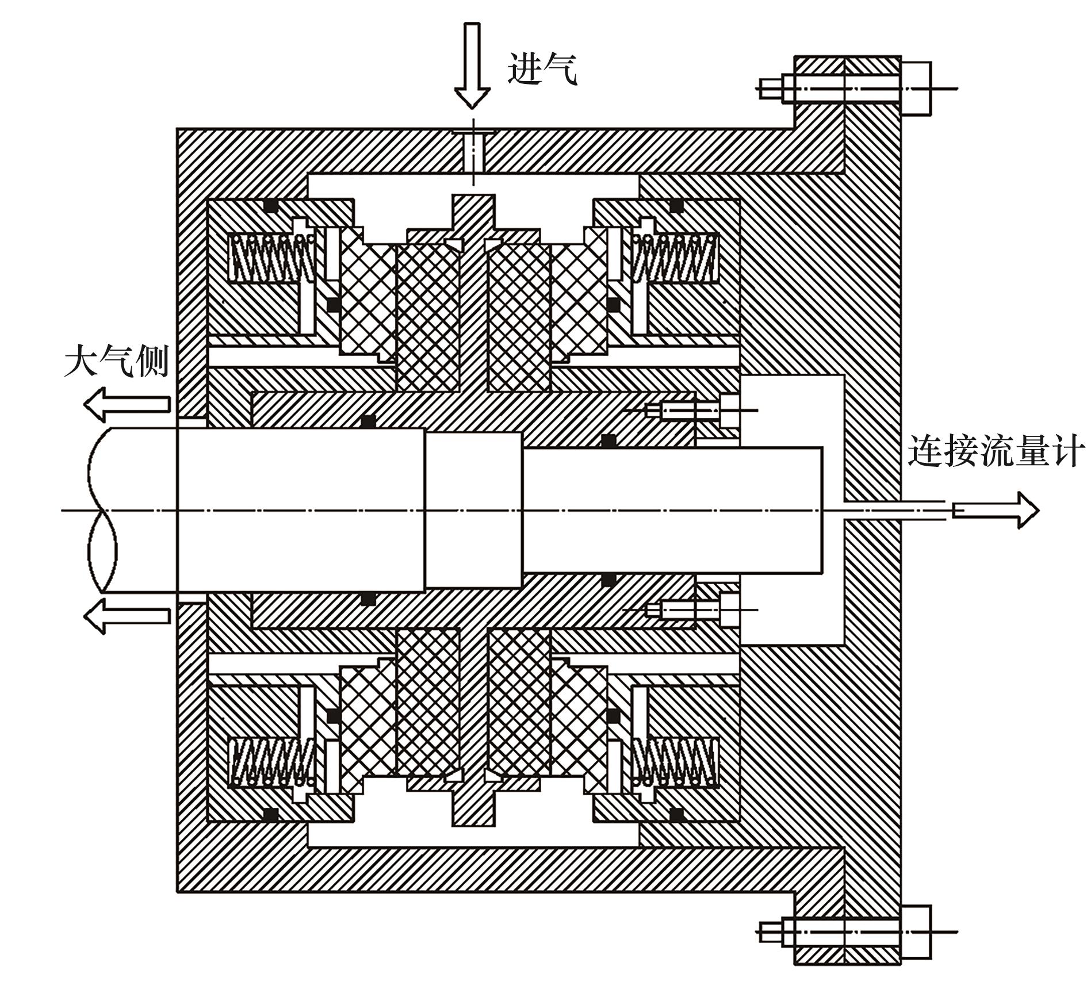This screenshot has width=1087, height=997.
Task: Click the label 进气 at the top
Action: coord(542,70)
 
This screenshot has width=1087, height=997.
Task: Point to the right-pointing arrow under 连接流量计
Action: coord(996,510)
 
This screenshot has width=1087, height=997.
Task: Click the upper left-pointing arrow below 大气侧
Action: coord(127,404)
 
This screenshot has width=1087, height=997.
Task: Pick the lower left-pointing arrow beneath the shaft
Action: coord(127,616)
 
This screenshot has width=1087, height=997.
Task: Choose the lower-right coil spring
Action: coord(675,762)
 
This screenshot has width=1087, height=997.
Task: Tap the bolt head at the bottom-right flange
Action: coord(915,932)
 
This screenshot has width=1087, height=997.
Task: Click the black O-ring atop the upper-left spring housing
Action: coord(269,205)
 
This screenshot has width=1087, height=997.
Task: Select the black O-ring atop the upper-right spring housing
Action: coord(677,205)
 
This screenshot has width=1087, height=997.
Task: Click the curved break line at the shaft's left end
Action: coord(102,510)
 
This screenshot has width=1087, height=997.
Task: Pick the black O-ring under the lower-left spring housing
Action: coord(269,815)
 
